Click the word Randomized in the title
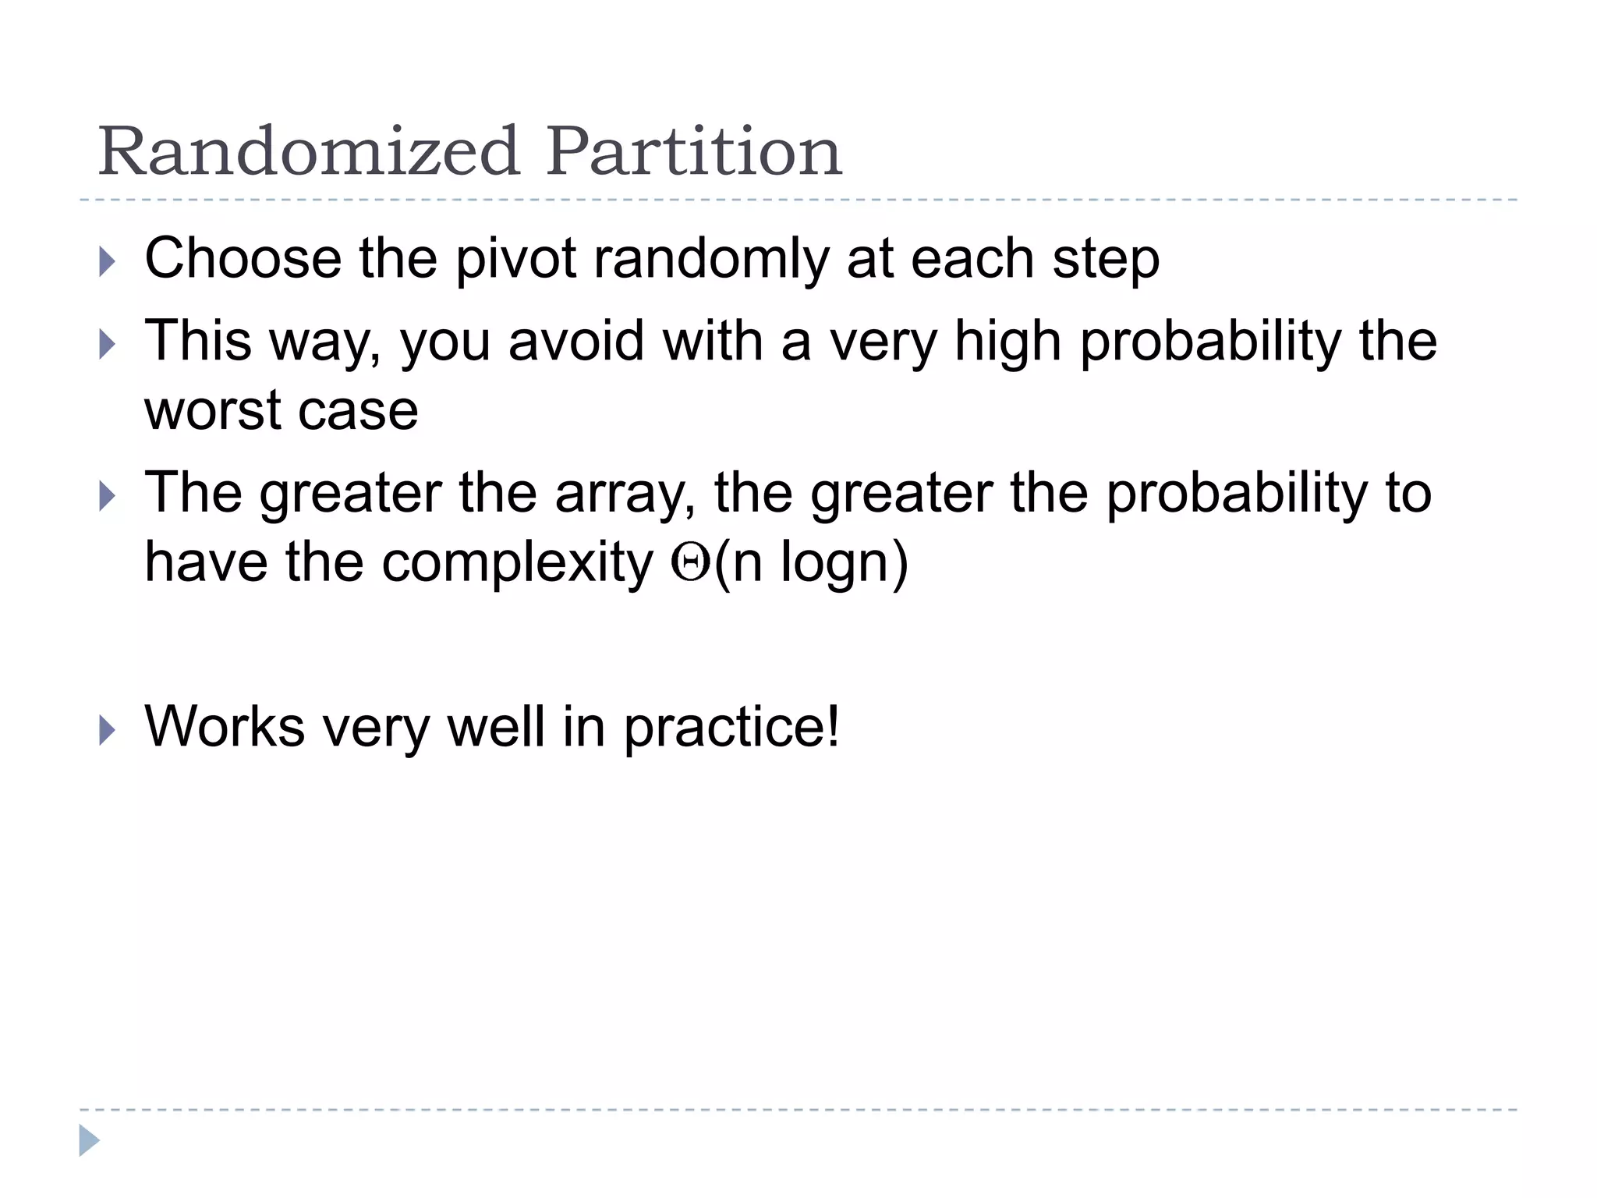[309, 151]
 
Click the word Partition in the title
[694, 151]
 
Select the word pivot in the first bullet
[515, 259]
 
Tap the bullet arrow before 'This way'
[108, 344]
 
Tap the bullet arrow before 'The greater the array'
[108, 496]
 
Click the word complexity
[517, 564]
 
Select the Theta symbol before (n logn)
[690, 563]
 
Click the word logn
[835, 564]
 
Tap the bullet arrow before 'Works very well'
[108, 731]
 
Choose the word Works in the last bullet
[225, 727]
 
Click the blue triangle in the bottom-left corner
[89, 1140]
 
